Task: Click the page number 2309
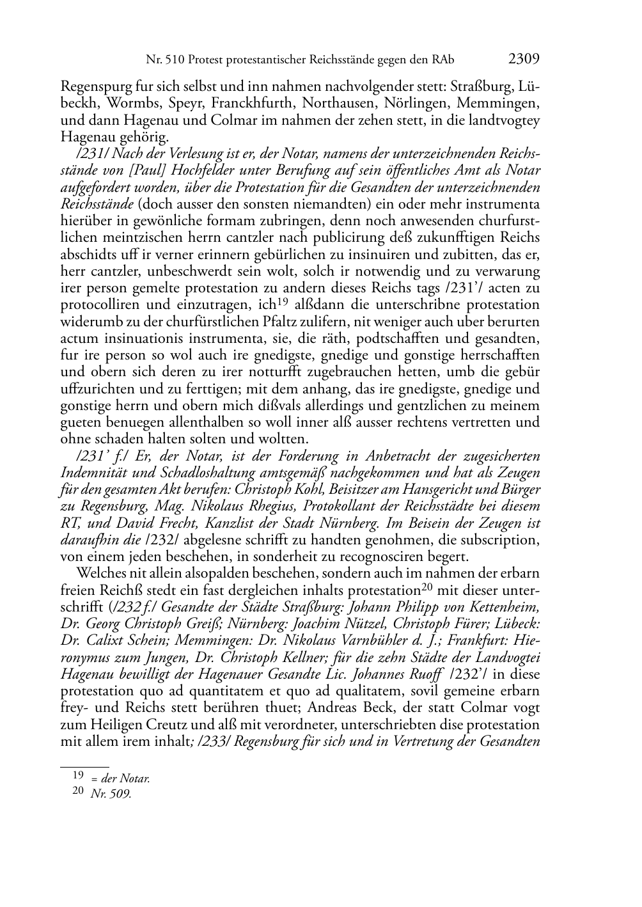(x=524, y=59)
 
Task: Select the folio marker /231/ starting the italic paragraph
(x=92, y=154)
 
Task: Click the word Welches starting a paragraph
(x=98, y=573)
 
